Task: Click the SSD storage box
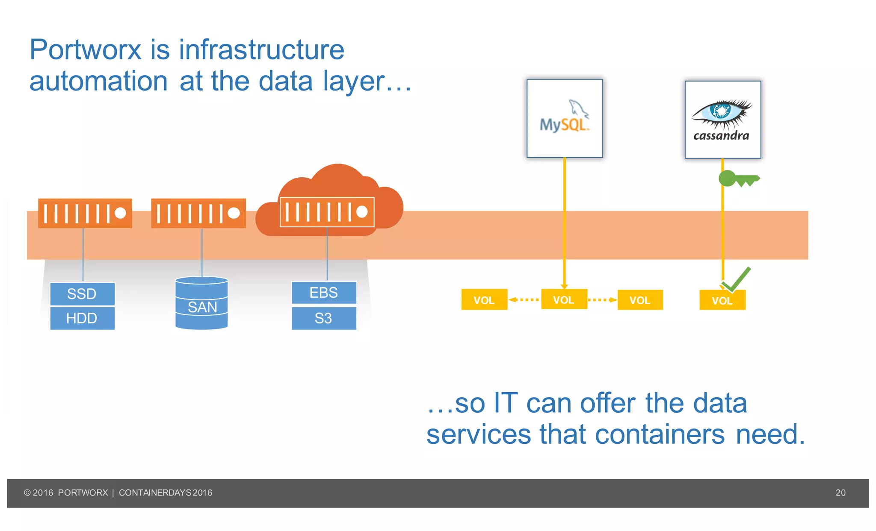pos(82,294)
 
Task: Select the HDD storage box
pos(82,318)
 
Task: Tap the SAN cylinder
pos(201,303)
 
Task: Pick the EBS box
pos(324,293)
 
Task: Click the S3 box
pos(324,318)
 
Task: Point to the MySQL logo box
pos(565,118)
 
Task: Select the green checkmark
pos(737,280)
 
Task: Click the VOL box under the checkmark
pos(722,300)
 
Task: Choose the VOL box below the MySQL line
pos(564,299)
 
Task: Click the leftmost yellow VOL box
pos(484,300)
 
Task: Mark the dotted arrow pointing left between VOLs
pos(524,299)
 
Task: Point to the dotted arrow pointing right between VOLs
pos(602,300)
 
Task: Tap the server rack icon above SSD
pos(85,213)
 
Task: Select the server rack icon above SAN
pos(198,213)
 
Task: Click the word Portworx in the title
pos(85,50)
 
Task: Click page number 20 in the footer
pos(840,493)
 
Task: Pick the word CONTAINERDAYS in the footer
pos(155,493)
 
